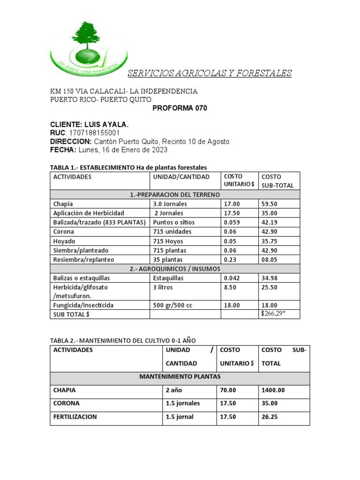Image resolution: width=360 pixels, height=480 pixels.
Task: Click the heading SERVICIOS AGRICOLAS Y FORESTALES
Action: coord(210,73)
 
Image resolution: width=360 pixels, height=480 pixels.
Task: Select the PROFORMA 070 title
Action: coord(180,108)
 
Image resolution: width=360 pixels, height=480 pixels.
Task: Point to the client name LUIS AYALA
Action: coord(106,125)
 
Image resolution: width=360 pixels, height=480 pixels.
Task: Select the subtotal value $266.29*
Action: coord(273,314)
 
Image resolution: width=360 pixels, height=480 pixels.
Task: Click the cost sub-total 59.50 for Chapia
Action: coord(269,204)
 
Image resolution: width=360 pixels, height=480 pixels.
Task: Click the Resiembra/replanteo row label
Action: coord(83,259)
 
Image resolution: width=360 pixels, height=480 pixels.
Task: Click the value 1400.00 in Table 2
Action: coord(273,390)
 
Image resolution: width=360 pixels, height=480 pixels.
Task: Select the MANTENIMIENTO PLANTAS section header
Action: coord(180,376)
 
